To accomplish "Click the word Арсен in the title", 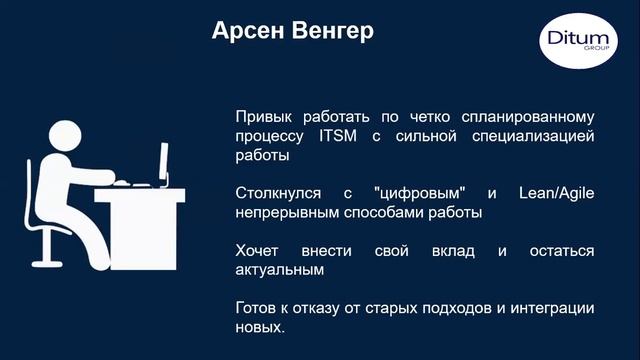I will tap(245, 32).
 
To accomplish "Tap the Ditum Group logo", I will tap(575, 43).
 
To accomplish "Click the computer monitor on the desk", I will tap(163, 163).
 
